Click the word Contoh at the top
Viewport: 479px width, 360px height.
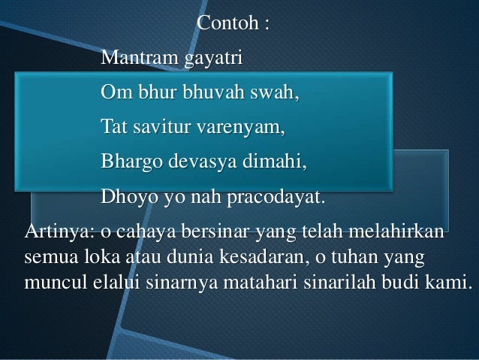224,23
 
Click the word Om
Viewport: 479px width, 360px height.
114,95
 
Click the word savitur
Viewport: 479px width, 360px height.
161,129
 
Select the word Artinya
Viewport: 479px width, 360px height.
54,232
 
